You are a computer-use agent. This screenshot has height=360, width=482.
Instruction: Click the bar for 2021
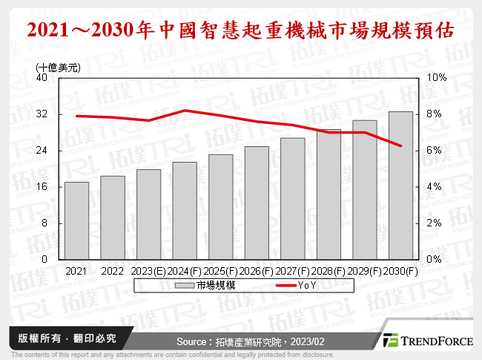76,220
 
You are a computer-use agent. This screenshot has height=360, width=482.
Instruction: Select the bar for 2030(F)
400,186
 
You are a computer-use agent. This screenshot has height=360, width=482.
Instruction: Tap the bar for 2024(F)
185,211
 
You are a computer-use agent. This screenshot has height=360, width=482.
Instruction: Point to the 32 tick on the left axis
42,114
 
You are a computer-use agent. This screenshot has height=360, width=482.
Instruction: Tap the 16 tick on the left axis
42,187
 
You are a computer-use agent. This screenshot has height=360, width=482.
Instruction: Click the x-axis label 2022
113,271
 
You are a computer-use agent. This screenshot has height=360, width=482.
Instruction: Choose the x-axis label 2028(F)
329,271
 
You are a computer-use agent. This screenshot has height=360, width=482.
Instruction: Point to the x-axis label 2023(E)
148,271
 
